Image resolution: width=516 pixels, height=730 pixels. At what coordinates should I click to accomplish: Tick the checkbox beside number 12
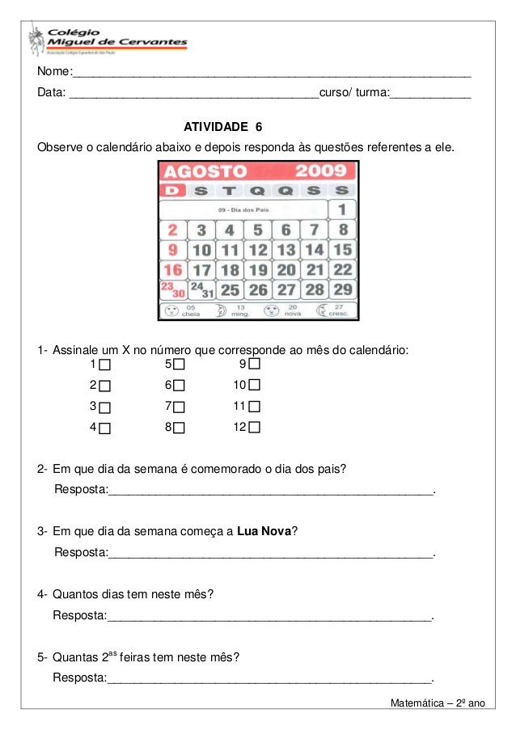pyautogui.click(x=254, y=427)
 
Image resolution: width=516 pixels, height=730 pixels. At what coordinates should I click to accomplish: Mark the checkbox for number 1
pyautogui.click(x=104, y=365)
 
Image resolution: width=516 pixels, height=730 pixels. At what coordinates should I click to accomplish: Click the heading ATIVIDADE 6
pyautogui.click(x=223, y=127)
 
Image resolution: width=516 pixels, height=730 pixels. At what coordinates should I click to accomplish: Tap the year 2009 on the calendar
pyautogui.click(x=320, y=171)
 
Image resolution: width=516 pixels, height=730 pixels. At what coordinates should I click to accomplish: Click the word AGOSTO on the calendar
pyautogui.click(x=205, y=171)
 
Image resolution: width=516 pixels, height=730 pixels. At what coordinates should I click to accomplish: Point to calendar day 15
pyautogui.click(x=342, y=250)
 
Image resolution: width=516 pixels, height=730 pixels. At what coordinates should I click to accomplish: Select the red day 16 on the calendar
pyautogui.click(x=172, y=270)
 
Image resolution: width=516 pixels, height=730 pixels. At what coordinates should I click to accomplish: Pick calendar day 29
pyautogui.click(x=342, y=289)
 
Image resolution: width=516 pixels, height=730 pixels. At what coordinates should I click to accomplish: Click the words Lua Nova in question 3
pyautogui.click(x=264, y=531)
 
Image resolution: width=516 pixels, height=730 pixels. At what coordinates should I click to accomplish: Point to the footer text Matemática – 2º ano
pyautogui.click(x=437, y=703)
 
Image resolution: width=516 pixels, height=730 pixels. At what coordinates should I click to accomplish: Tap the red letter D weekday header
pyautogui.click(x=172, y=190)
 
